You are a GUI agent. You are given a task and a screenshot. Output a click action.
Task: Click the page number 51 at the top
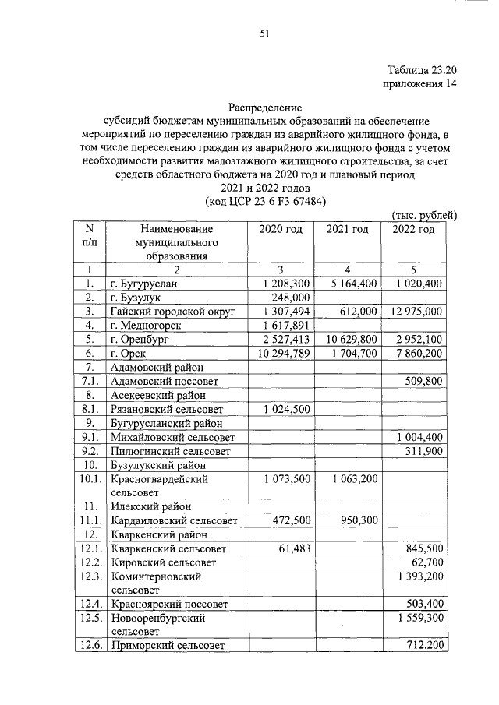[x=264, y=32]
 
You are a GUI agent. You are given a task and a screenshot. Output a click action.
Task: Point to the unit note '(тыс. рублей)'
[x=422, y=215]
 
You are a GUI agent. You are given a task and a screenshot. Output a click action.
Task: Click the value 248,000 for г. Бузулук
[x=292, y=298]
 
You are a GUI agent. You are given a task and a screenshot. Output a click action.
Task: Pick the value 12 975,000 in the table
[x=414, y=311]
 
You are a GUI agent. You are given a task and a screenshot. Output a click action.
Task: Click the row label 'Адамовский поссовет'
[x=165, y=381]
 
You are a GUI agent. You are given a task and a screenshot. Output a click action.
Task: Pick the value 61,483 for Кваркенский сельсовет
[x=295, y=548]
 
